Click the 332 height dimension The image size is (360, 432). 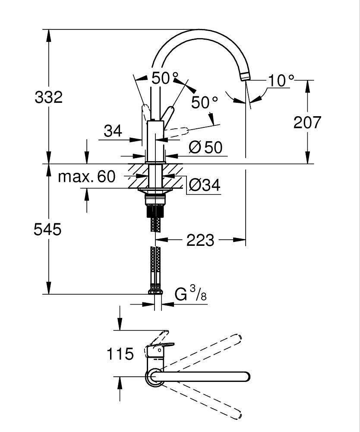coord(49,97)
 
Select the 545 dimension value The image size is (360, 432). coord(48,229)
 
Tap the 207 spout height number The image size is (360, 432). coord(307,123)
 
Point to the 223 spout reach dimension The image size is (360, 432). coord(200,240)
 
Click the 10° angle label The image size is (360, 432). coord(281,81)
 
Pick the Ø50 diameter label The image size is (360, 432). coord(206,148)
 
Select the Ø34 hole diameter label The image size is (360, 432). coord(205,185)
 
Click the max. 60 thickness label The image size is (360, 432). coord(87,176)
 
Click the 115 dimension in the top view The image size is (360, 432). coord(120,354)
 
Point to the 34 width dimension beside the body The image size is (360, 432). coord(113,130)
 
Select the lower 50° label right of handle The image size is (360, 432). coord(205,102)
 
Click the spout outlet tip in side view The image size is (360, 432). coord(245,76)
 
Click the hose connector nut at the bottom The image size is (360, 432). coord(155,292)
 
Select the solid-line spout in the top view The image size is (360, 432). coord(203,376)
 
